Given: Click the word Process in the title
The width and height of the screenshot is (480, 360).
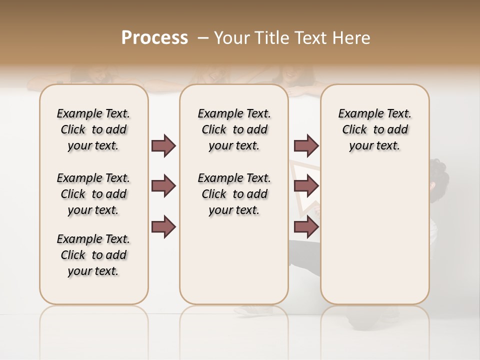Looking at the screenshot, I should (x=154, y=37).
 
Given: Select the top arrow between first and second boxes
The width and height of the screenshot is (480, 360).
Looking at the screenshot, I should (x=164, y=145).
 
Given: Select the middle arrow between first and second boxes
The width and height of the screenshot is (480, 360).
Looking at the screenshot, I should (x=164, y=186).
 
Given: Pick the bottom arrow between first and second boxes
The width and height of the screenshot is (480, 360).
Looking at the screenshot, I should (x=164, y=226).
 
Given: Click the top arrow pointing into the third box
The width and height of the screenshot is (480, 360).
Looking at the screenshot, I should (x=306, y=145).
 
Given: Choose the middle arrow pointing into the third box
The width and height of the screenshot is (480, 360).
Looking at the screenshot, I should (x=306, y=186).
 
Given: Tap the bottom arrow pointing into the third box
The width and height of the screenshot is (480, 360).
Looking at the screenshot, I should (x=306, y=226).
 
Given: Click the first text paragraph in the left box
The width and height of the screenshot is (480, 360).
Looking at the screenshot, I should (x=93, y=129).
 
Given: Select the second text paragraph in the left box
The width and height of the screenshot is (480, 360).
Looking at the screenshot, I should (x=93, y=194).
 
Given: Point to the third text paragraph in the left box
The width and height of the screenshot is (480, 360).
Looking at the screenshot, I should (x=93, y=255).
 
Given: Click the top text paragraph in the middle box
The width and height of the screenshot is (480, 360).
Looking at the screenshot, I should (x=234, y=129).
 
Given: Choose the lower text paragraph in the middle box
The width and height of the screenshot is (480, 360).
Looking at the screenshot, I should (x=234, y=194).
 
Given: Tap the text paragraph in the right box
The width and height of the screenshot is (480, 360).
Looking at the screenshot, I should (x=374, y=129).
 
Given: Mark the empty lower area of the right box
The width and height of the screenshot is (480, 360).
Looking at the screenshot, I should (x=374, y=235).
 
